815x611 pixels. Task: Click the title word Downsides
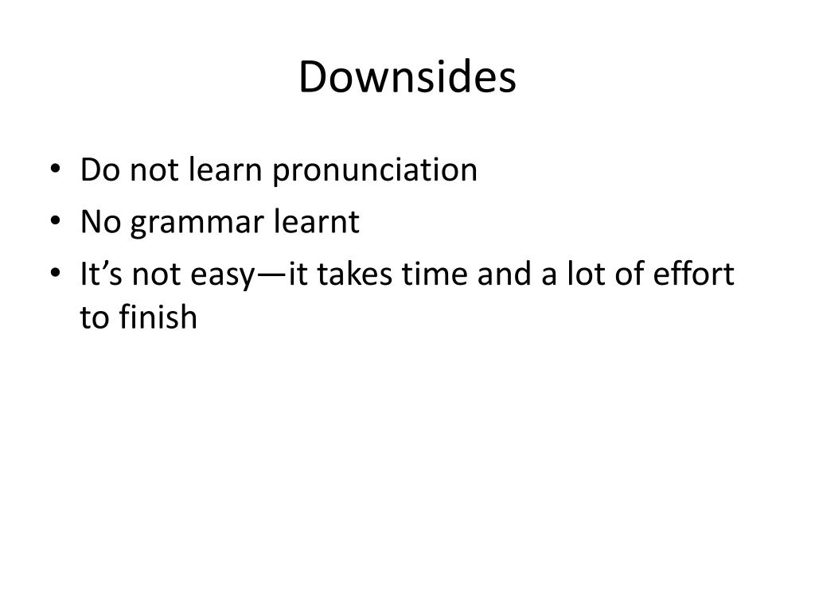407,78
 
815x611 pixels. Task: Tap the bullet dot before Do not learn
53,170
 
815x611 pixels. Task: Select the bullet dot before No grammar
53,223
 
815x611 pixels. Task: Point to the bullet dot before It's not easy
53,275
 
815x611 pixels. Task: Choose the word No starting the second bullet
100,222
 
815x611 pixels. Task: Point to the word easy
224,276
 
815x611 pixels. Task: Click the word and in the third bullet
502,274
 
